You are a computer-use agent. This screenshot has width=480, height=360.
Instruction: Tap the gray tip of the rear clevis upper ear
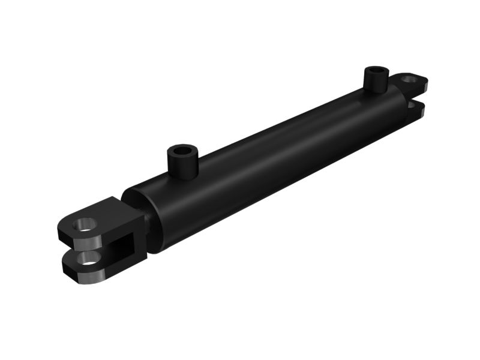tap(424, 88)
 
